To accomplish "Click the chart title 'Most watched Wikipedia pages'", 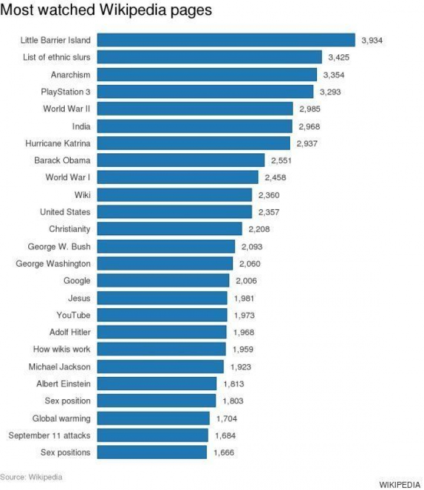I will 106,11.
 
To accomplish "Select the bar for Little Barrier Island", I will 226,40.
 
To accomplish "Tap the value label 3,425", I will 339,57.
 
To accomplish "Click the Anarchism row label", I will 71,75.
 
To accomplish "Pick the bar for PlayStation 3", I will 205,91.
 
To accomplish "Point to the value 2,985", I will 310,109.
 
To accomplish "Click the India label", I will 81,126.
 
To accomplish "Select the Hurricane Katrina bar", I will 193,143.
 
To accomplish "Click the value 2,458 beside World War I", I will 275,177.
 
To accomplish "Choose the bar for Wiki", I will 175,195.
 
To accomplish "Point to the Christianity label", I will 69,229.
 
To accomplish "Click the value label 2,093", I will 251,246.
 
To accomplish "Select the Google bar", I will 163,280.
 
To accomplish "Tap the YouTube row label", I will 74,315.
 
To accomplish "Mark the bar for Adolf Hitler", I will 161,332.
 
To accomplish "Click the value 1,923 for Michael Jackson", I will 240,367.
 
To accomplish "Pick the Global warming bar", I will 153,418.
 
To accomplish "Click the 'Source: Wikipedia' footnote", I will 31,476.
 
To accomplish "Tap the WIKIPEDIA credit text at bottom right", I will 400,484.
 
